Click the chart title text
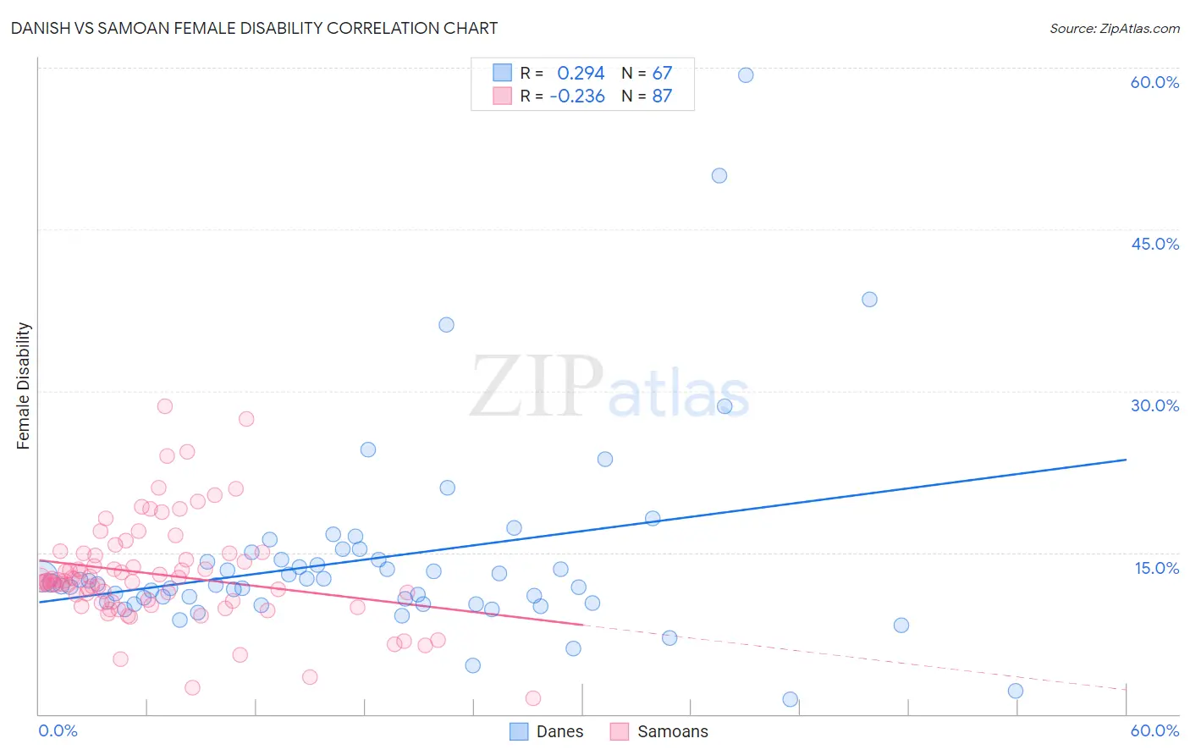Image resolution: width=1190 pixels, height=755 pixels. (x=254, y=28)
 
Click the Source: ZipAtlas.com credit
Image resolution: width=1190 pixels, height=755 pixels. (x=1114, y=28)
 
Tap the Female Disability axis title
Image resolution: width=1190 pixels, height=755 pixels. (x=23, y=385)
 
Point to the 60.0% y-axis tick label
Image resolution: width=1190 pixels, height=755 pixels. (x=1154, y=82)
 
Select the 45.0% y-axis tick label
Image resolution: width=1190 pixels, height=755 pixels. (x=1154, y=244)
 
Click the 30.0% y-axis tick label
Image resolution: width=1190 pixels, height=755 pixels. (x=1154, y=405)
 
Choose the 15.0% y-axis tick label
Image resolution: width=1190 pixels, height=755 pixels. (x=1156, y=568)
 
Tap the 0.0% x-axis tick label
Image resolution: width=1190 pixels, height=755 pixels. (x=58, y=730)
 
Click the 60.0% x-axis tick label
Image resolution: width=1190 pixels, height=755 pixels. (x=1154, y=730)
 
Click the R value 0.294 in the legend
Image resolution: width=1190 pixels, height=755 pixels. (x=581, y=73)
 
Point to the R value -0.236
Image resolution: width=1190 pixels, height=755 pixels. (x=577, y=96)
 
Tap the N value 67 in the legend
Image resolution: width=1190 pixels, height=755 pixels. (x=662, y=73)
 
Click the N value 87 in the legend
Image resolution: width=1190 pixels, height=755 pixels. (x=662, y=96)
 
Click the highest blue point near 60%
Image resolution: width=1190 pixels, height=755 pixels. (x=746, y=75)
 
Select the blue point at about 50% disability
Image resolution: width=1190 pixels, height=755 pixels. (x=719, y=176)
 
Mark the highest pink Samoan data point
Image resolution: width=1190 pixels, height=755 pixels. (x=165, y=406)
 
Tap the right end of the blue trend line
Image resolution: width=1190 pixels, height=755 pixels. (x=1126, y=460)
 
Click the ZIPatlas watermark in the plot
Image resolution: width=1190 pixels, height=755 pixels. (x=609, y=389)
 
